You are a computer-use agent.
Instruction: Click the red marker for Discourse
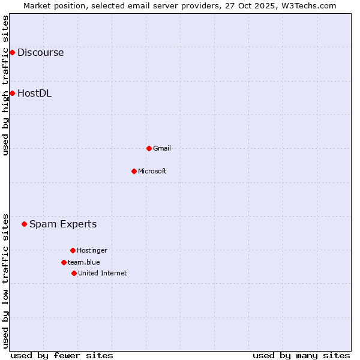[12, 53]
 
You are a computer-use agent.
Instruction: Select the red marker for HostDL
[12, 93]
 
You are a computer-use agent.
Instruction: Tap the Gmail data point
[149, 148]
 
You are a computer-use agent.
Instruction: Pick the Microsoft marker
[134, 171]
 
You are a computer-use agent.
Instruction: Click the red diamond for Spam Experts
[25, 224]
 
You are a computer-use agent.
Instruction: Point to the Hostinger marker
[73, 250]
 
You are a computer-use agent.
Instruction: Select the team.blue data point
[64, 262]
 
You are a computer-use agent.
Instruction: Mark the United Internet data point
[74, 273]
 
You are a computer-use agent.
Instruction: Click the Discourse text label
[40, 53]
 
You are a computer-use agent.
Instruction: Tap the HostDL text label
[34, 93]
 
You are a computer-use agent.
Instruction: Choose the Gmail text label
[162, 148]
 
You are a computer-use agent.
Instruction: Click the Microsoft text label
[152, 171]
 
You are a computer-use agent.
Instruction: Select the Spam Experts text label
[63, 224]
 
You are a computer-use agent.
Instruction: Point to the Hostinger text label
[92, 250]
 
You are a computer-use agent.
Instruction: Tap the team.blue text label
[84, 262]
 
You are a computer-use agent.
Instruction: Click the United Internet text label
[103, 273]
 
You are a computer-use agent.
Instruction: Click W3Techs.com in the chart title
[310, 5]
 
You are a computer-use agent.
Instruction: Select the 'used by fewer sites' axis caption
[62, 355]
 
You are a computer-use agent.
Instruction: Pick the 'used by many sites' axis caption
[301, 355]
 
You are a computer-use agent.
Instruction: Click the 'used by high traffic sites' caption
[5, 85]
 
